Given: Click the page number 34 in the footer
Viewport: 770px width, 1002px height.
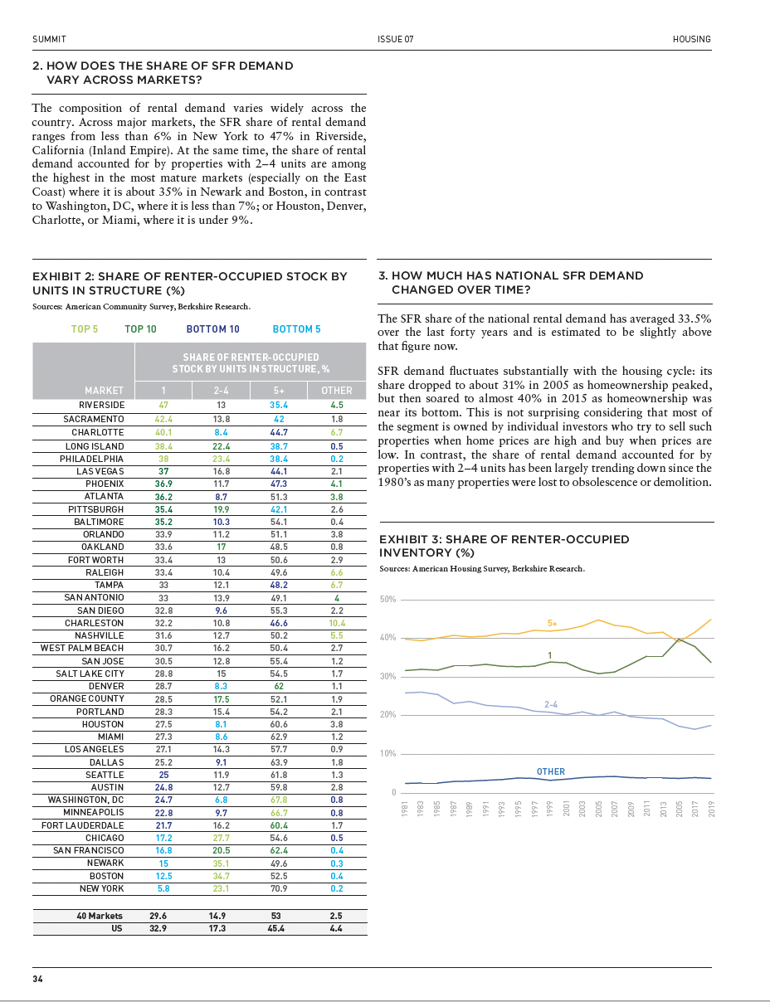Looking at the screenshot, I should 37,979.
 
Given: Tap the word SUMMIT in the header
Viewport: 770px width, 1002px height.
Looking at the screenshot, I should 49,39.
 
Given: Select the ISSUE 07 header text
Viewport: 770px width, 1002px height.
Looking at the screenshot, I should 395,39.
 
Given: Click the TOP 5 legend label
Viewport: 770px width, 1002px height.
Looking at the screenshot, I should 85,329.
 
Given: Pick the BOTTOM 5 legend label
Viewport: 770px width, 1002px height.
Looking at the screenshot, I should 296,329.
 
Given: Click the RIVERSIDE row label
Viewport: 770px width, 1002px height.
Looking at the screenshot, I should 96,406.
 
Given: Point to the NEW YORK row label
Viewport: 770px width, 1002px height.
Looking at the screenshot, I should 101,888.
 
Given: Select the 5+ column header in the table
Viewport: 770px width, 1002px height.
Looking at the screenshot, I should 279,390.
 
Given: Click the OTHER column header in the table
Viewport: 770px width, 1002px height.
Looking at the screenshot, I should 336,390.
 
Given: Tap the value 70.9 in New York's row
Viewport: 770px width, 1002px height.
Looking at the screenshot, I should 279,888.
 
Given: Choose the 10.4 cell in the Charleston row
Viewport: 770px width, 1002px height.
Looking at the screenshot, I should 336,623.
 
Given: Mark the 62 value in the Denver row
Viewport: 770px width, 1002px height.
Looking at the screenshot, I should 279,686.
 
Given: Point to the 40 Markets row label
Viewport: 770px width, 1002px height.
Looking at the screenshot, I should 99,916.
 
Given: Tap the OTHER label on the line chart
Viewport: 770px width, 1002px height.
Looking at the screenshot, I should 550,771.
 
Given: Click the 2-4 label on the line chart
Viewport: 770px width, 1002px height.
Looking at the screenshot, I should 550,704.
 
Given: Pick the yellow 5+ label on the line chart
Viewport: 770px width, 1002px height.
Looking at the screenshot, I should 553,622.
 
